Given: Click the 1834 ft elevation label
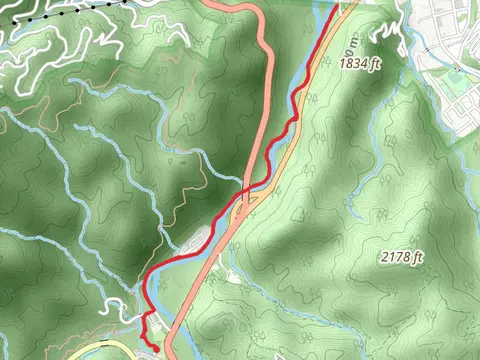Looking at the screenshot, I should click(361, 63).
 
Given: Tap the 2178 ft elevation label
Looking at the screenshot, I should click(403, 258).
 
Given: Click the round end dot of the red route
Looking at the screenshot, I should click(155, 346).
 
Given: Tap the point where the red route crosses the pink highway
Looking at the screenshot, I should click(246, 189).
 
